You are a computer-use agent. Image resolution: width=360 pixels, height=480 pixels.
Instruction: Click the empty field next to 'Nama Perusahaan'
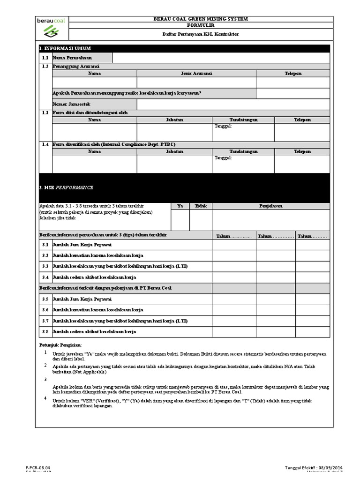coord(221,58)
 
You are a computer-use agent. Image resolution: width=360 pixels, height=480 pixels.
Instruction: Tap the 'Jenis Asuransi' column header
coord(196,74)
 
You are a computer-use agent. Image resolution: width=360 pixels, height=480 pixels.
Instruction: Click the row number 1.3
coord(45,113)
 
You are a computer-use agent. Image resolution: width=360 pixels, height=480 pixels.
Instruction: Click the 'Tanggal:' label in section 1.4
coord(223,158)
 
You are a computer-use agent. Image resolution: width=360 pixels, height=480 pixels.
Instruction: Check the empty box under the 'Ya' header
coord(180,220)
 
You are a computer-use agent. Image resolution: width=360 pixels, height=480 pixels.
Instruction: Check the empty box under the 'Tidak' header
coord(201,220)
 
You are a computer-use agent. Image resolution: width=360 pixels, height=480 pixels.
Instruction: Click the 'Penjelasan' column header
coord(270,206)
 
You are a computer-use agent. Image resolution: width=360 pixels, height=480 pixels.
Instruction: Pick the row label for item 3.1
coord(82,245)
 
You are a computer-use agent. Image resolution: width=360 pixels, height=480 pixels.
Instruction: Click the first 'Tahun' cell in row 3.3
coord(234,266)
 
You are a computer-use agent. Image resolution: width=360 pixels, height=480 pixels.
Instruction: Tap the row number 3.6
coord(45,310)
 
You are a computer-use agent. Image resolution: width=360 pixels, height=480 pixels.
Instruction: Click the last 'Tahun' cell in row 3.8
coord(312,331)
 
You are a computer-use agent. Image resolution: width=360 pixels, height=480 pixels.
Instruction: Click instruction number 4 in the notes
coord(45,398)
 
